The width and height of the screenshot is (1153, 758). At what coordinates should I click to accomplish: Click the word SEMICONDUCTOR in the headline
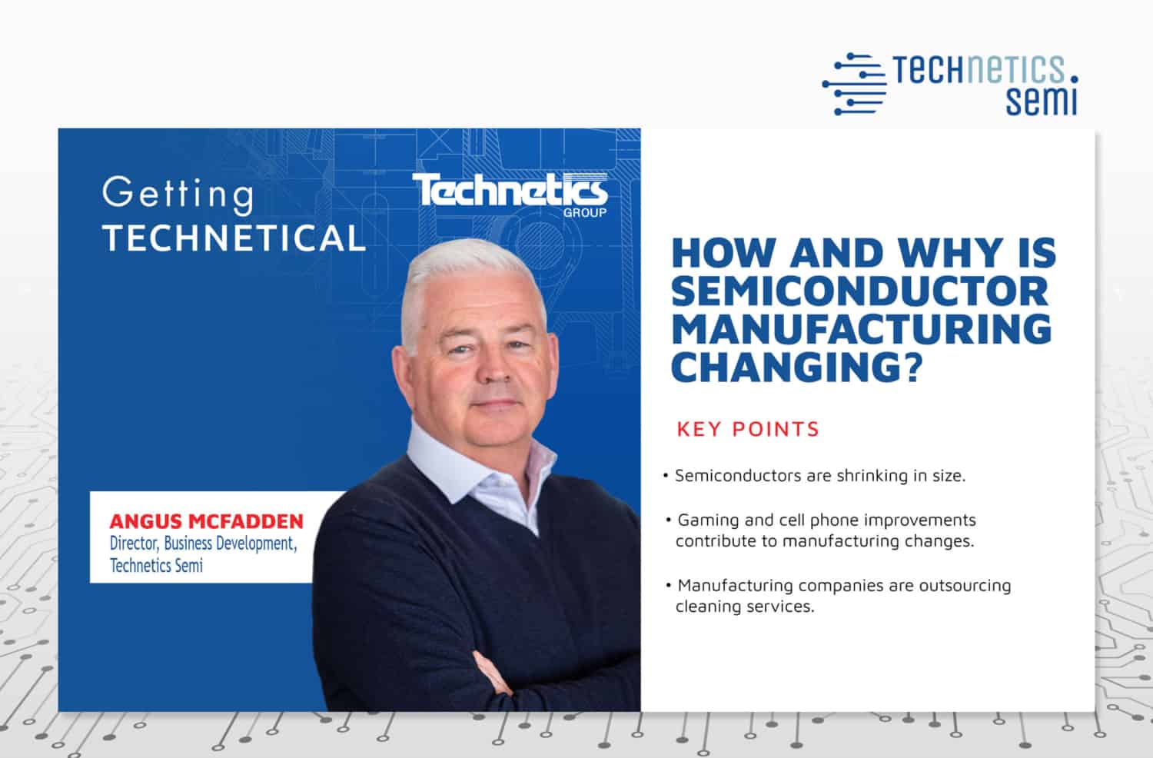(859, 291)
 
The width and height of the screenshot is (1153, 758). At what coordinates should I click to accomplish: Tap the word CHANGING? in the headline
(796, 366)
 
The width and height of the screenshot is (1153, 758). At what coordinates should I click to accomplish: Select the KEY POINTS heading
(748, 429)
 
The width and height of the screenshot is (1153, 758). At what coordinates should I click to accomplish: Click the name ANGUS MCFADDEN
(206, 521)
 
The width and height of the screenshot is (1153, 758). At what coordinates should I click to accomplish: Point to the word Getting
(178, 194)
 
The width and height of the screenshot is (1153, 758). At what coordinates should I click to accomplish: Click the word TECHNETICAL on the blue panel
(234, 238)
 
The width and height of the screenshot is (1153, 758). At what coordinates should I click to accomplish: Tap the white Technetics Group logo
(510, 192)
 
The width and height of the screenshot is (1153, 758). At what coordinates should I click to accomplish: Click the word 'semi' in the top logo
(1042, 100)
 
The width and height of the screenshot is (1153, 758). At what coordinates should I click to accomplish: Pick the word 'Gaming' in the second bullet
(705, 520)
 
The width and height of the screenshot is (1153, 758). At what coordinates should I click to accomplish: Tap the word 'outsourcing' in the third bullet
(964, 585)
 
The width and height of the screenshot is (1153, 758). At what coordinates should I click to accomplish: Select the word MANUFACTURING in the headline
(861, 328)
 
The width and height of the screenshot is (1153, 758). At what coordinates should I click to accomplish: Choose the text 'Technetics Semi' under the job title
(156, 566)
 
